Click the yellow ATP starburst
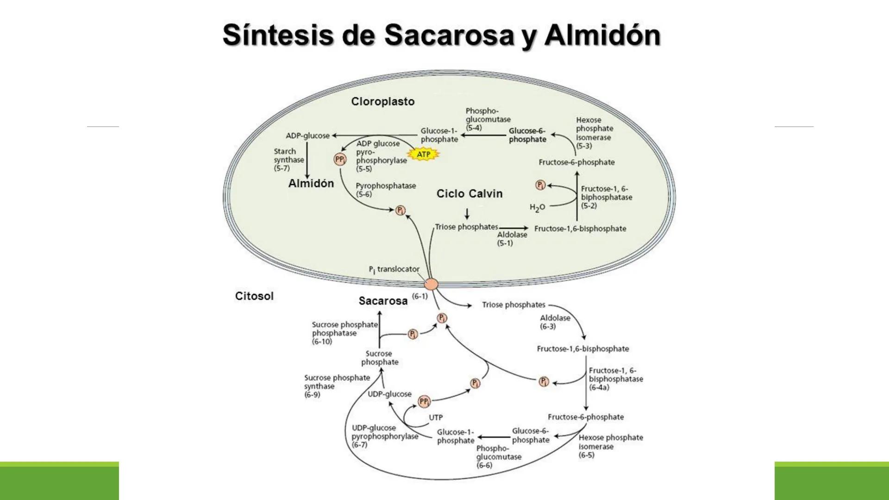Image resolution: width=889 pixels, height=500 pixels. click(423, 154)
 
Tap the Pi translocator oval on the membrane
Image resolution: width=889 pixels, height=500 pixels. click(431, 284)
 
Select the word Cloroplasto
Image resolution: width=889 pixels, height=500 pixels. click(382, 101)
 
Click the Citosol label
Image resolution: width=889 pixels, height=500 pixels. click(254, 296)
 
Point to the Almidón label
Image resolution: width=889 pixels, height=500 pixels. click(311, 183)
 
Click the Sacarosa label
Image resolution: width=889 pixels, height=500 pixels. click(383, 301)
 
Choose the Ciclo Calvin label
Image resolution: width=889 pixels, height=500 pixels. click(469, 194)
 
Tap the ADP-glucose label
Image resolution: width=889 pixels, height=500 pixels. click(307, 136)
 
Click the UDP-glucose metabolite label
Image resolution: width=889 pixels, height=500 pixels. click(389, 394)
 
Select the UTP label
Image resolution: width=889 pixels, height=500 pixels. click(435, 417)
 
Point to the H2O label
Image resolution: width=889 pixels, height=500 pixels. click(537, 207)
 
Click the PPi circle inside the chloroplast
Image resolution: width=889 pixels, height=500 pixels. click(340, 160)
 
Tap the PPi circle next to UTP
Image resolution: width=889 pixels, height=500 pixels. click(424, 401)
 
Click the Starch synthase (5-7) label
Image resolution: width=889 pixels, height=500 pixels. click(288, 160)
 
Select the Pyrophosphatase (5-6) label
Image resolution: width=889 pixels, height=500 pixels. click(385, 190)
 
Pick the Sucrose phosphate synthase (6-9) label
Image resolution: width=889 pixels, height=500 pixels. click(337, 386)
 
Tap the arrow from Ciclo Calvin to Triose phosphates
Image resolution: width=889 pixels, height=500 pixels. click(467, 213)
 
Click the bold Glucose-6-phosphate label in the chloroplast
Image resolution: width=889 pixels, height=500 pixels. click(527, 135)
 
